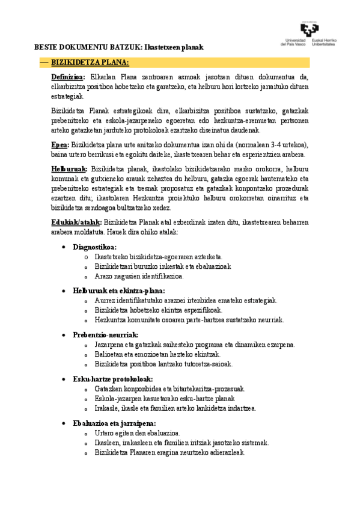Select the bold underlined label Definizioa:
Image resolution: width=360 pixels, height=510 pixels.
[x=68, y=77]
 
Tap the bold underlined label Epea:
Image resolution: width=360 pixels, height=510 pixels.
[x=59, y=145]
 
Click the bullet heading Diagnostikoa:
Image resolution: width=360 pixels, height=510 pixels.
[x=94, y=247]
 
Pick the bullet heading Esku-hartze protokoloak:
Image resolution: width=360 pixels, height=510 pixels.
[x=112, y=379]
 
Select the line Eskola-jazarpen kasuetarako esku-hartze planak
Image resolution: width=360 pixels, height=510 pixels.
[x=164, y=399]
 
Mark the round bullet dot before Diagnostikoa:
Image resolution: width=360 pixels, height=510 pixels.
[x=64, y=247]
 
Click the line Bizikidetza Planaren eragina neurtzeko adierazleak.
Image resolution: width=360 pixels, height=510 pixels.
[x=169, y=453]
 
